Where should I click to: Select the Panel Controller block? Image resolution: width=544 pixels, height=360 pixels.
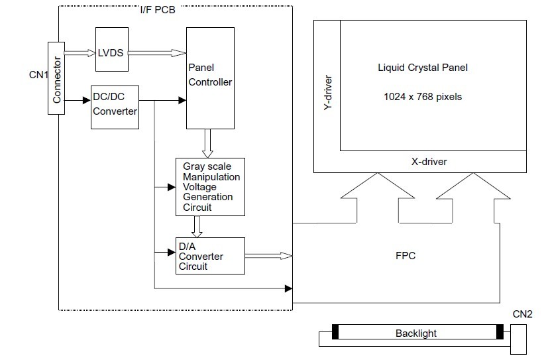[x=210, y=78]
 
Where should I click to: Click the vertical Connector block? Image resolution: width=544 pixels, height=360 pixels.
[x=57, y=78]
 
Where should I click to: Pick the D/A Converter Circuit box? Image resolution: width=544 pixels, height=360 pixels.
[x=209, y=256]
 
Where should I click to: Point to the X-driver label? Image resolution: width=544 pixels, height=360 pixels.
[x=429, y=161]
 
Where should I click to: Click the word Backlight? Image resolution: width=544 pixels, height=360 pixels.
[x=415, y=333]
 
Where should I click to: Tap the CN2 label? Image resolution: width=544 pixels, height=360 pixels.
[x=522, y=314]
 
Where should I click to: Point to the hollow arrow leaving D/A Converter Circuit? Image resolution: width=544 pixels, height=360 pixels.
[x=268, y=256]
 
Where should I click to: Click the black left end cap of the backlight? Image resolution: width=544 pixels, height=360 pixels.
[x=335, y=333]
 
